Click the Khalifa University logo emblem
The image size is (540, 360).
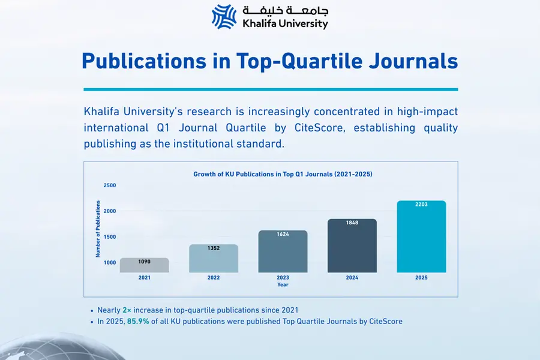click(224, 16)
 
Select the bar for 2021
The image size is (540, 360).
click(145, 266)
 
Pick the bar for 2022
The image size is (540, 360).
click(214, 259)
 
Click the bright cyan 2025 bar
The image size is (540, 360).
click(422, 238)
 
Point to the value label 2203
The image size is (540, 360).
click(422, 205)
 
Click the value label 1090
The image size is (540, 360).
click(145, 262)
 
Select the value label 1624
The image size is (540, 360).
click(283, 234)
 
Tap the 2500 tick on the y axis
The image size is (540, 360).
click(110, 185)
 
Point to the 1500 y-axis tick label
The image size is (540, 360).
click(110, 237)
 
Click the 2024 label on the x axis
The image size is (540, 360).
click(352, 278)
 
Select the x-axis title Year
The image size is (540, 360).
click(283, 285)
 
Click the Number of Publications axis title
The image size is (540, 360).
click(98, 229)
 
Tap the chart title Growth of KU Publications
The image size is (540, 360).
click(283, 174)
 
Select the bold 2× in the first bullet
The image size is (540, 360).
click(127, 310)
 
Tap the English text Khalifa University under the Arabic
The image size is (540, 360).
click(285, 24)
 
